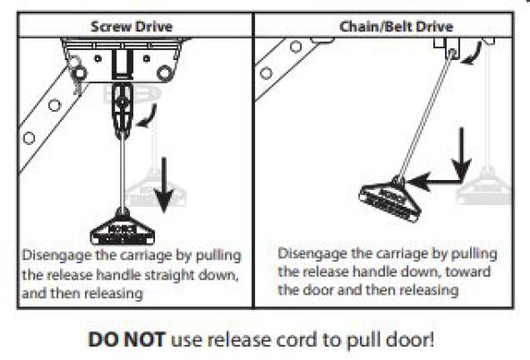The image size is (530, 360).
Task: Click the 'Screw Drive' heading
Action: [x=132, y=27]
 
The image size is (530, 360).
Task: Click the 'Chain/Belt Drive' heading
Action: [x=396, y=27]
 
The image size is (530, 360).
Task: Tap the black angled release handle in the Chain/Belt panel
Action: [x=390, y=200]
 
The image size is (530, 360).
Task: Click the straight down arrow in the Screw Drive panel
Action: [x=164, y=184]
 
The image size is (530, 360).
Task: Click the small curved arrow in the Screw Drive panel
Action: [x=148, y=117]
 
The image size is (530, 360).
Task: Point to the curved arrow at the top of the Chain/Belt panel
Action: [x=472, y=53]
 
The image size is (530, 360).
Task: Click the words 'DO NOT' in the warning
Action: [x=126, y=339]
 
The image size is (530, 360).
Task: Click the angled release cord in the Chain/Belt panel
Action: [x=425, y=116]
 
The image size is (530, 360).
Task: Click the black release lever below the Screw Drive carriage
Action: [x=123, y=110]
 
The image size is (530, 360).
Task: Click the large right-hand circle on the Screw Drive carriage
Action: [x=164, y=73]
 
